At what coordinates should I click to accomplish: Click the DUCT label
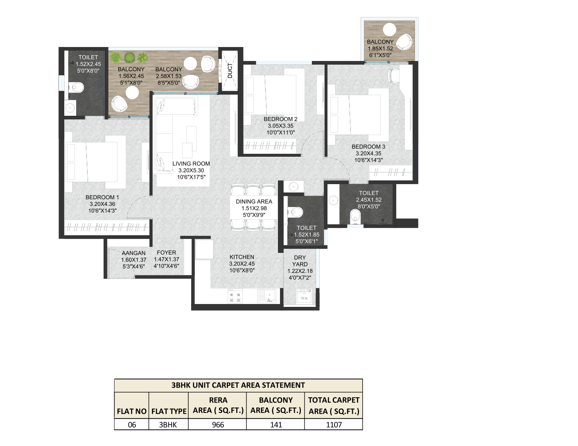point(230,71)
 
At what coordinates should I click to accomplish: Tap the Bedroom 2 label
point(281,119)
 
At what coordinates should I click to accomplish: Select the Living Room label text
point(191,164)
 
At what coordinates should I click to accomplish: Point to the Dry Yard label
point(300,261)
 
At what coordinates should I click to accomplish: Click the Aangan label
point(133,253)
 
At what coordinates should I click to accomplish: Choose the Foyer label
point(167,252)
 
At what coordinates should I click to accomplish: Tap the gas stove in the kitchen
point(235,296)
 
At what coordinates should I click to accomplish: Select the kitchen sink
point(267,296)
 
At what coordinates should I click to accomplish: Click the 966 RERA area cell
point(218,425)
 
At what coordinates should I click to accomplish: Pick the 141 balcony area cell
point(276,425)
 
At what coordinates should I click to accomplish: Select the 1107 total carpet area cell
point(334,425)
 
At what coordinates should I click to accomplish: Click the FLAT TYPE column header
point(169,411)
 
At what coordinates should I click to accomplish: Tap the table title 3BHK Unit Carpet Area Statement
point(238,385)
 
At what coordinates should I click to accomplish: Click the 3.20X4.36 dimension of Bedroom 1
point(102,204)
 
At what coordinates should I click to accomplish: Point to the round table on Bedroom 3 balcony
point(389,29)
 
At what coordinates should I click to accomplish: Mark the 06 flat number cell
point(132,425)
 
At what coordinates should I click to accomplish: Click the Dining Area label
point(254,201)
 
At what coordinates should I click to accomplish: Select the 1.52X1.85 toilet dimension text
point(307,235)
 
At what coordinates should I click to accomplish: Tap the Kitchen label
point(242,257)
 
